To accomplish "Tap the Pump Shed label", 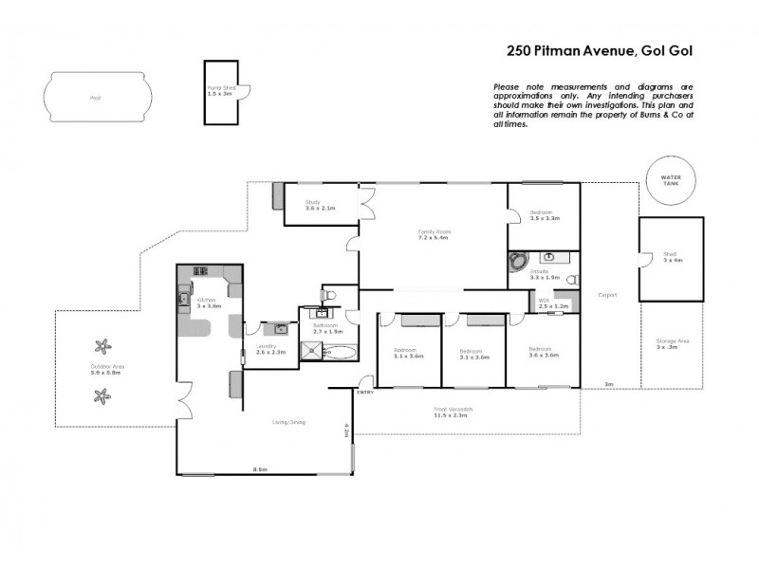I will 221,89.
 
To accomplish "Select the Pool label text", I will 95,98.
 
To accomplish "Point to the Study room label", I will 313,202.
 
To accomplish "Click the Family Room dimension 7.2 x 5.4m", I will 435,237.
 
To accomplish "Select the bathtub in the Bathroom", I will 339,353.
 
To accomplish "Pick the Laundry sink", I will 280,328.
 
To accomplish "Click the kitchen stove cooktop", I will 201,271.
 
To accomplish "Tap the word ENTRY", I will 364,392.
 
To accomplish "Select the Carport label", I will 607,294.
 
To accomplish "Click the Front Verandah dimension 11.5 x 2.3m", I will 454,414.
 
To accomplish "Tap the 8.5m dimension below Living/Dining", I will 259,469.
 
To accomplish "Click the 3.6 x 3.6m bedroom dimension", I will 544,356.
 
